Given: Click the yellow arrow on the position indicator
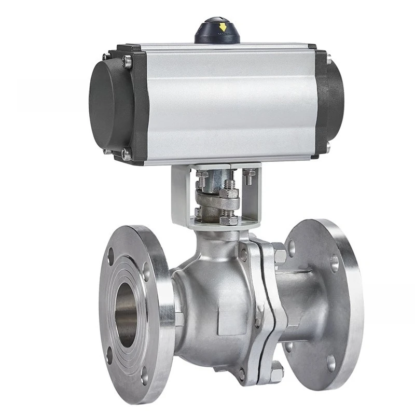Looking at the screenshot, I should pyautogui.click(x=224, y=26).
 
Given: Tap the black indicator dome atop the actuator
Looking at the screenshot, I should pyautogui.click(x=217, y=32).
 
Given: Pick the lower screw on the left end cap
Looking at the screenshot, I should pyautogui.click(x=126, y=153).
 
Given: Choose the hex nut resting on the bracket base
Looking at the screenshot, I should pyautogui.click(x=228, y=220).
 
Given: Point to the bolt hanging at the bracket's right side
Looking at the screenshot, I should pyautogui.click(x=250, y=178).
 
